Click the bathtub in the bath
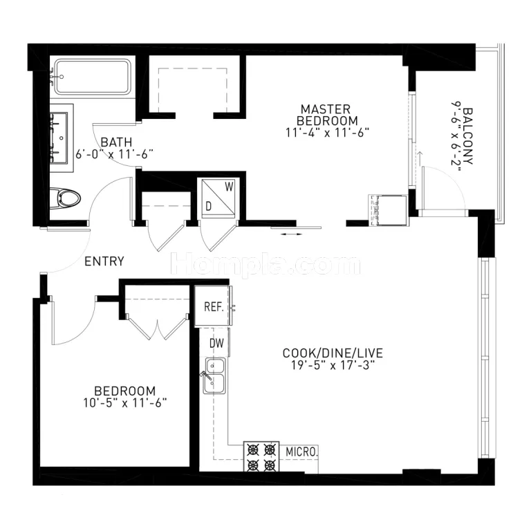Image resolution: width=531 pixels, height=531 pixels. tap(93, 77)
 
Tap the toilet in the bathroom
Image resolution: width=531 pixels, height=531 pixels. tap(65, 198)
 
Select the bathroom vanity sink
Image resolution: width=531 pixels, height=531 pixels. tap(59, 138)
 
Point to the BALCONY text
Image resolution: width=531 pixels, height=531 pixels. tap(467, 136)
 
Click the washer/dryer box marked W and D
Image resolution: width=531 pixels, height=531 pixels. tap(218, 198)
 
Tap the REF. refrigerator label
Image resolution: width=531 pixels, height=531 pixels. tap(214, 307)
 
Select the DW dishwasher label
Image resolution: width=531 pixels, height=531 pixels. tap(216, 343)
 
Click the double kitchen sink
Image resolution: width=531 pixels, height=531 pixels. tap(214, 375)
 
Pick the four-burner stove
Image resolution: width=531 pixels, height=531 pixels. tap(261, 456)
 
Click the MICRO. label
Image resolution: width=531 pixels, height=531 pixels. tap(301, 451)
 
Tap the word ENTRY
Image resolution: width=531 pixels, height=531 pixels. tap(104, 261)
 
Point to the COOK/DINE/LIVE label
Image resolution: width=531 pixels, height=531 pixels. tap(333, 353)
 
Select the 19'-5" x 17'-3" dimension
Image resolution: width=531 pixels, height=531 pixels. tap(333, 365)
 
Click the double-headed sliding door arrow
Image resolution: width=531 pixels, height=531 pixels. tap(291, 234)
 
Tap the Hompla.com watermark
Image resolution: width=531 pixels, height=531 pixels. tap(265, 264)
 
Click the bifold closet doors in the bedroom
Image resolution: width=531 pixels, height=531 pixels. tap(158, 327)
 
